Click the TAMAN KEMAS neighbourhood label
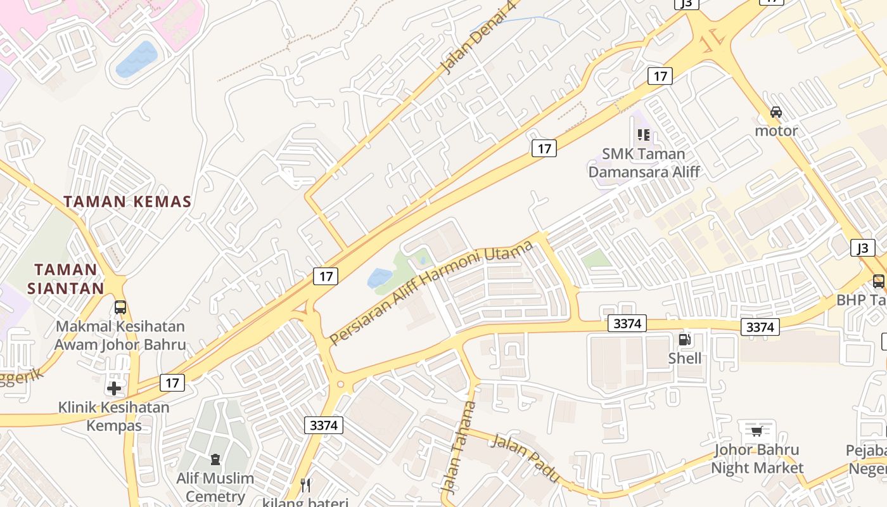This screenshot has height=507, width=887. (127, 202)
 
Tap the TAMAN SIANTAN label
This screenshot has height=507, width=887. (66, 279)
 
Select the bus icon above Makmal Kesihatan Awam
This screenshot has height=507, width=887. (120, 307)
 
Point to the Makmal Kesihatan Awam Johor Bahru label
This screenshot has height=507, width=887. (120, 336)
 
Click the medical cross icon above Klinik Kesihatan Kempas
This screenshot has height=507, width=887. (114, 387)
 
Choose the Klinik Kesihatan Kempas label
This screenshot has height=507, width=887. (114, 416)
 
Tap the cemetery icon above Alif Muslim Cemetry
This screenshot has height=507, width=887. (215, 458)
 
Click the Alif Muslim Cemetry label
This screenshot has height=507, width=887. (215, 487)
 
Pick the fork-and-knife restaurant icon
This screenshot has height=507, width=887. (306, 485)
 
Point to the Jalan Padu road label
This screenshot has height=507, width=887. (525, 458)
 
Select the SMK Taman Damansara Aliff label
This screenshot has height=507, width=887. (644, 163)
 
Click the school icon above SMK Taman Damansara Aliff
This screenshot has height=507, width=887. (644, 134)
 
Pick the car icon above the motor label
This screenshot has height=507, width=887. (776, 112)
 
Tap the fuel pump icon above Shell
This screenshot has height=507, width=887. (685, 339)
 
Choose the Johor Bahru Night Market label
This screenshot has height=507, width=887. (756, 459)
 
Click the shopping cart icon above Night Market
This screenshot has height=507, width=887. (756, 432)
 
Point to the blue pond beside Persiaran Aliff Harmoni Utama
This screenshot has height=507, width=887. (380, 278)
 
